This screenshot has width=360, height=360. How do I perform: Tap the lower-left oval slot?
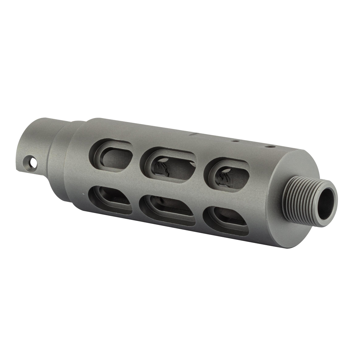[x=110, y=199]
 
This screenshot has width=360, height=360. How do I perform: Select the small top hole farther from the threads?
[x=234, y=141]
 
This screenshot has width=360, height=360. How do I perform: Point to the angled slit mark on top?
[x=194, y=134]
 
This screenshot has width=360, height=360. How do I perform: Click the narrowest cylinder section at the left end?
[x=36, y=148]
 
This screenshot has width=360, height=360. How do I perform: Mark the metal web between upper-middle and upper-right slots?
[x=200, y=169]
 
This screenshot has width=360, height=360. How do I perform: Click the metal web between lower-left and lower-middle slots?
[x=136, y=204]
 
